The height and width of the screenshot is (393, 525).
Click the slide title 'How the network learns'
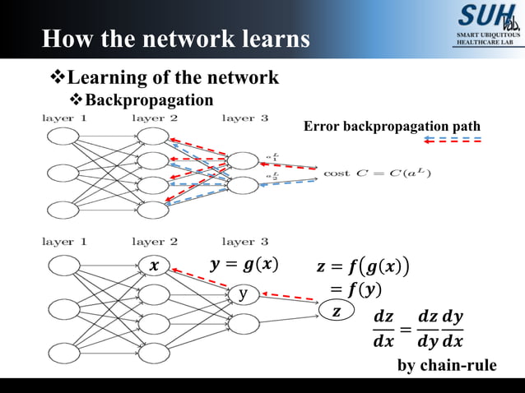tap(176, 39)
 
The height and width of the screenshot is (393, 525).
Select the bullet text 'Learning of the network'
tap(172, 78)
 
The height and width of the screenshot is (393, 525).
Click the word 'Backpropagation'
tap(149, 100)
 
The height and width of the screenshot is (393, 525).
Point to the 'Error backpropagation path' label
tap(392, 126)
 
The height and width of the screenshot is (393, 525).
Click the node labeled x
tap(153, 266)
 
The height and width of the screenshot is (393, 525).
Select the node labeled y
tap(243, 294)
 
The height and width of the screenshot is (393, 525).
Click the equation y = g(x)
tap(244, 265)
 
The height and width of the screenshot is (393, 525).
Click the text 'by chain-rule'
tap(448, 365)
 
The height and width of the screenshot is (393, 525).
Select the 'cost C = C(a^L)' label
tap(377, 173)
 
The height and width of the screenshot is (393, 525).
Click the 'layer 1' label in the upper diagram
tap(65, 118)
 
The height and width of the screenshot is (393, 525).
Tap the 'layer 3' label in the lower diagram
tap(244, 242)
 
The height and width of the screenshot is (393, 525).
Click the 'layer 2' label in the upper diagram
tap(155, 118)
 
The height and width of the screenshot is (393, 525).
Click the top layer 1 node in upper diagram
tap(63, 139)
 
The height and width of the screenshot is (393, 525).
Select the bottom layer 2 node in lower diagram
tap(153, 354)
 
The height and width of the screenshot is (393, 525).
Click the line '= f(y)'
tap(355, 289)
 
